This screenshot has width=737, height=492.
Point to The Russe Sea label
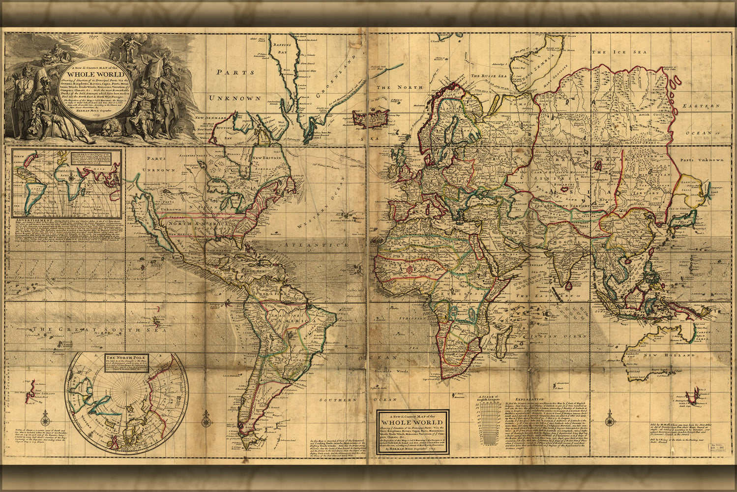489,76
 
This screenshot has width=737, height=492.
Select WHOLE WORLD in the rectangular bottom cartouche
412,422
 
